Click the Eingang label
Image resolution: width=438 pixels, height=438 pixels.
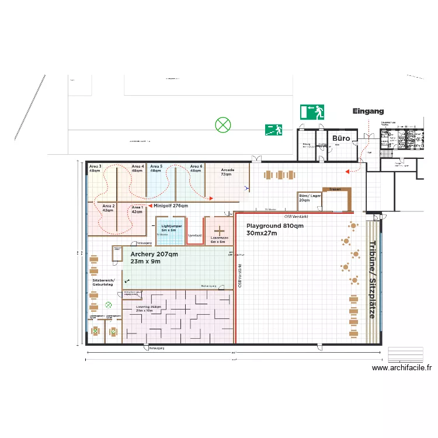click(x=368, y=111)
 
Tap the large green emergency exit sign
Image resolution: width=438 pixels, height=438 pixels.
click(x=312, y=112)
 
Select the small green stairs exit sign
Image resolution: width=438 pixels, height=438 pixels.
click(x=273, y=130)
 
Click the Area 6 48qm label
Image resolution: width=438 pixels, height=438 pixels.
click(x=196, y=169)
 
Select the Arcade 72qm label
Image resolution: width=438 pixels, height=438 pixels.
click(x=227, y=172)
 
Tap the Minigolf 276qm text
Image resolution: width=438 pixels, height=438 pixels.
click(x=172, y=206)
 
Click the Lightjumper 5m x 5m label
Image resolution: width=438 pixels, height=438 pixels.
click(x=172, y=228)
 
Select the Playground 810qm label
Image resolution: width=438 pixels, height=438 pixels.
click(x=274, y=229)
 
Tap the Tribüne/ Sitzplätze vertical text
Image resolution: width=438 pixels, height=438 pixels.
click(x=371, y=279)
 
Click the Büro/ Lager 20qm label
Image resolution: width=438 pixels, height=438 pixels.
click(x=308, y=197)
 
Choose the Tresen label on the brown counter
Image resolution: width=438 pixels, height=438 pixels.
click(x=335, y=189)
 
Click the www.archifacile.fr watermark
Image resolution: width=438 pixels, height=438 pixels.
click(x=402, y=368)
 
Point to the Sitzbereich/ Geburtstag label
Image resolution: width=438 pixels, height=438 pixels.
click(x=104, y=283)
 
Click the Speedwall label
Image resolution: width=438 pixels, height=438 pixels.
click(x=194, y=235)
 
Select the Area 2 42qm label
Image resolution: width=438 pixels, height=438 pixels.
click(x=109, y=208)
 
